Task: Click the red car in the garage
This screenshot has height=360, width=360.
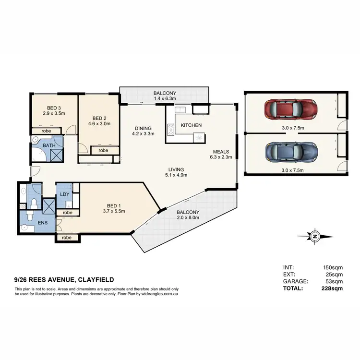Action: (x=290, y=109)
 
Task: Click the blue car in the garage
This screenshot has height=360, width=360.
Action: (x=290, y=152)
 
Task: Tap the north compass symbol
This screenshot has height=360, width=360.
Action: (x=315, y=236)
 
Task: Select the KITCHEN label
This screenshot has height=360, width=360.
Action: (x=191, y=125)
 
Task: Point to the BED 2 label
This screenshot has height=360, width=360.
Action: (x=99, y=117)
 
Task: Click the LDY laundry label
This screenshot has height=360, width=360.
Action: (x=64, y=194)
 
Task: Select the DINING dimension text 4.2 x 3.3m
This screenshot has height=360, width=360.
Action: (x=143, y=135)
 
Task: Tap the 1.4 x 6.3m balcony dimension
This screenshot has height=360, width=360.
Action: (x=165, y=98)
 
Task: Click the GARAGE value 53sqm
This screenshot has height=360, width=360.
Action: (x=333, y=281)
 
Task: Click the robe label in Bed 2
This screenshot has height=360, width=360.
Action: (x=103, y=150)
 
